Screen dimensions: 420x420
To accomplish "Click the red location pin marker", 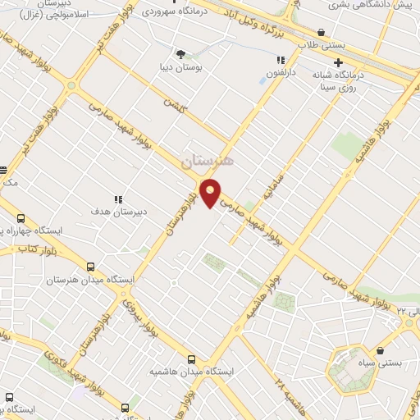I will pyautogui.click(x=210, y=194).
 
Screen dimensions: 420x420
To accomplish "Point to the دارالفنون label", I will pyautogui.click(x=281, y=72).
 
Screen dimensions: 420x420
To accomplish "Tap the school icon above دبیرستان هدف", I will pyautogui.click(x=119, y=199).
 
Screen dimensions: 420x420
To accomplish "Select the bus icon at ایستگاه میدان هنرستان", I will pyautogui.click(x=89, y=267).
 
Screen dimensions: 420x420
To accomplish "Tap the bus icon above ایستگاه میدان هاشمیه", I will pyautogui.click(x=192, y=359).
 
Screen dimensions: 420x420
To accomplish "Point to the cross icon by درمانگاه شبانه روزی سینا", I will pyautogui.click(x=337, y=62).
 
